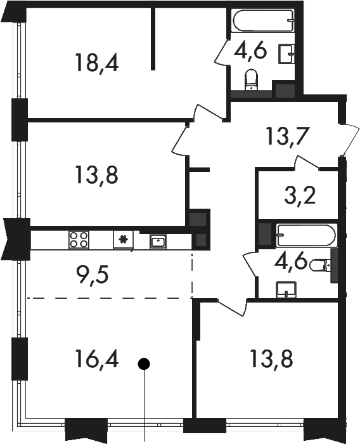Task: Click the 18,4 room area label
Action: coord(96,63)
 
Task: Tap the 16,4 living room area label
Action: coord(96,358)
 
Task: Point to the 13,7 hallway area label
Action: coord(286,136)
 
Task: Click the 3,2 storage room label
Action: coord(300,195)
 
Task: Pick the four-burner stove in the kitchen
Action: coord(79,240)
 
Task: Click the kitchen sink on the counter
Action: coord(158,242)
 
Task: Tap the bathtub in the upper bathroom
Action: coord(264,21)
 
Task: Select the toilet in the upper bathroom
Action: coord(252,79)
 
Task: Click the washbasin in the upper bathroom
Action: coord(286,53)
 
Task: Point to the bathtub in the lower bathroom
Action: coord(306,235)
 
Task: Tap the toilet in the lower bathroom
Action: coord(320,265)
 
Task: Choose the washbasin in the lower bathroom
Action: coord(286,289)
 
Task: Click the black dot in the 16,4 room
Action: coord(144,363)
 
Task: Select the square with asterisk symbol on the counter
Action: coord(124,240)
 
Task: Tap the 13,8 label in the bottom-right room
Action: coord(271,358)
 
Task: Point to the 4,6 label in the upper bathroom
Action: coord(250,51)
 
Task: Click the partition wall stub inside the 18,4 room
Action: coord(153,39)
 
